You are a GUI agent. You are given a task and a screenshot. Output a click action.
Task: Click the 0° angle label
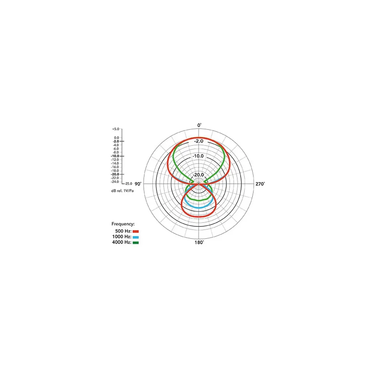pyautogui.click(x=199, y=125)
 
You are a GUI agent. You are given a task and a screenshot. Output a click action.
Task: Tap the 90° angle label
pyautogui.click(x=138, y=184)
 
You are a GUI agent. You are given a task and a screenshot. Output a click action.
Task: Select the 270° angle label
pyautogui.click(x=260, y=184)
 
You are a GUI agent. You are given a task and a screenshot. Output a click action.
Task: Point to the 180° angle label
pyautogui.click(x=199, y=242)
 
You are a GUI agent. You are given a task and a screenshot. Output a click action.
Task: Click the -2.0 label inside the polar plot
pyautogui.click(x=199, y=141)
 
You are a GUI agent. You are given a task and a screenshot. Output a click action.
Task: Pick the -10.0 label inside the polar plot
pyautogui.click(x=198, y=156)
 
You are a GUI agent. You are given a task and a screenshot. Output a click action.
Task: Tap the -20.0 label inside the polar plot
pyautogui.click(x=198, y=175)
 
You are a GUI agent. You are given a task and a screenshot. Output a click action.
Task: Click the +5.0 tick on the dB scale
pyautogui.click(x=116, y=129)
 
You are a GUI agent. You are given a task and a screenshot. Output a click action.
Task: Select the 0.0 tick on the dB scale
pyautogui.click(x=117, y=138)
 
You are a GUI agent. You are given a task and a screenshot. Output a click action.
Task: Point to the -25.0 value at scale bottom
pyautogui.click(x=128, y=184)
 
